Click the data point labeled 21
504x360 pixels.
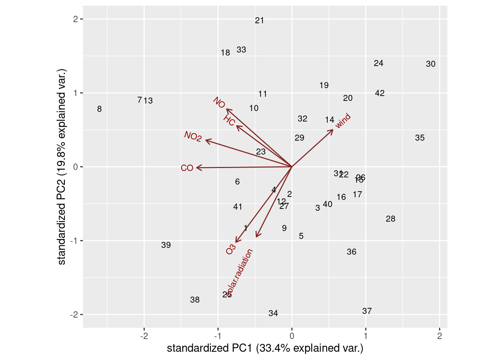(259, 21)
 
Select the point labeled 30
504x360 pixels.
(430, 64)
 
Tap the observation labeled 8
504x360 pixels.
(99, 109)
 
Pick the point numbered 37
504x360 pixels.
(367, 311)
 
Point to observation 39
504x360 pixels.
(166, 245)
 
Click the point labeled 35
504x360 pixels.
(420, 138)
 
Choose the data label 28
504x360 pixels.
(390, 219)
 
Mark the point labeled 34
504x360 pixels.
(273, 313)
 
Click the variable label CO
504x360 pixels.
(187, 168)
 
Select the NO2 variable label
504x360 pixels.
(193, 136)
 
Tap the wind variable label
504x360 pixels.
(343, 121)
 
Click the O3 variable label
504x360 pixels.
(231, 249)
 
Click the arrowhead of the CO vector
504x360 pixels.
(197, 168)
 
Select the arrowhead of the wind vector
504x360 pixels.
(333, 130)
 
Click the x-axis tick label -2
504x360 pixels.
(144, 336)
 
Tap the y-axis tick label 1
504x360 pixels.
(75, 93)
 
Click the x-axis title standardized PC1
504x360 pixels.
(265, 348)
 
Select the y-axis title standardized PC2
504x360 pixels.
(62, 166)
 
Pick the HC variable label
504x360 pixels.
(229, 121)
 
